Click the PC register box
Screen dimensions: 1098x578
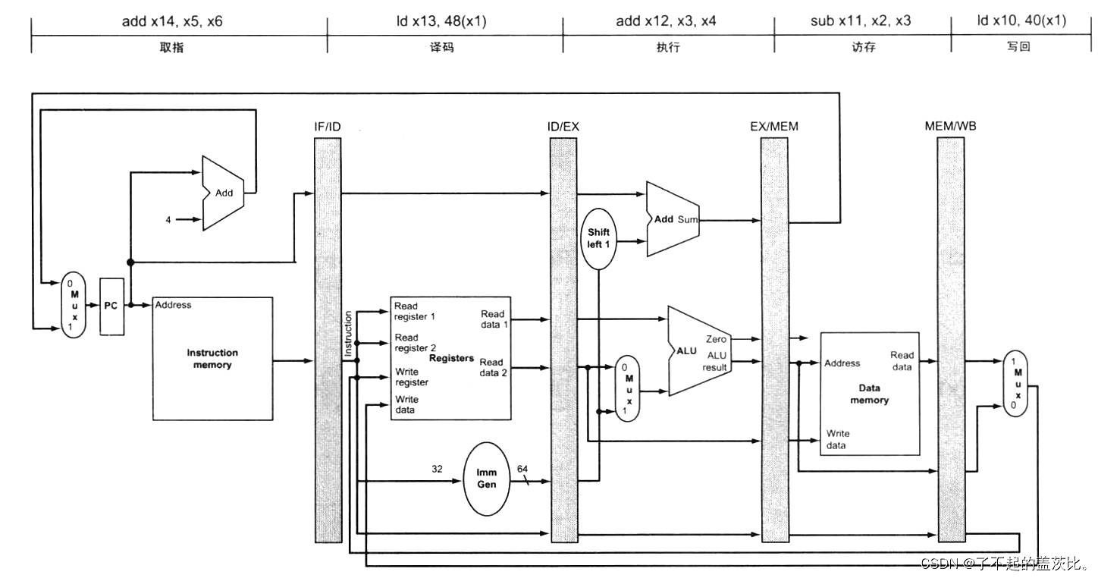(x=111, y=306)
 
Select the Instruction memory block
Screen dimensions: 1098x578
(x=213, y=358)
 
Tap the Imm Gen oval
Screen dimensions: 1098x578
(x=486, y=479)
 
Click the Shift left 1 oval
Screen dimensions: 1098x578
(x=598, y=239)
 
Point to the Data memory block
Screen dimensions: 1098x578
(x=870, y=394)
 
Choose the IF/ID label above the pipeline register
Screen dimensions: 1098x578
(x=328, y=127)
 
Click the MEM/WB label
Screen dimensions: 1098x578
(x=950, y=127)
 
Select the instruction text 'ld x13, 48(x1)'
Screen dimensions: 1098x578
(x=441, y=21)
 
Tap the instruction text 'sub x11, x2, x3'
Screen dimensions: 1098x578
(x=861, y=20)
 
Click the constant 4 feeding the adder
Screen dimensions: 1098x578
(x=168, y=220)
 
